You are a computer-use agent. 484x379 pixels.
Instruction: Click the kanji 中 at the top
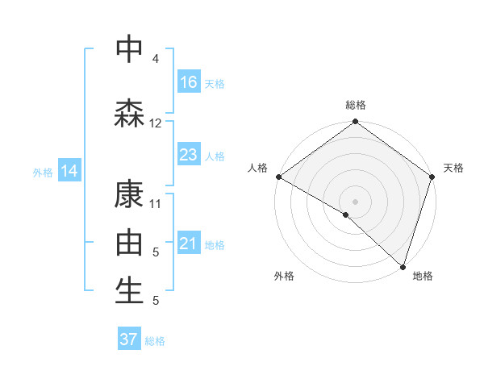pos(130,48)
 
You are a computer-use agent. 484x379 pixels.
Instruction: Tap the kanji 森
pos(130,113)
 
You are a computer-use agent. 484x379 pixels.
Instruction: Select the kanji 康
pos(130,195)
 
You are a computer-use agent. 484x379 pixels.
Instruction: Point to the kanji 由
pos(130,243)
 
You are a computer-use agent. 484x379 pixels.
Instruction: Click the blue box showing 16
pos(189,82)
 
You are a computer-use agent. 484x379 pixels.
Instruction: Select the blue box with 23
pos(189,155)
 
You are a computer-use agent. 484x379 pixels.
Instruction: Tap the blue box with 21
pos(189,244)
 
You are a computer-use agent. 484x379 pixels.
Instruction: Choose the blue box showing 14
pos(69,171)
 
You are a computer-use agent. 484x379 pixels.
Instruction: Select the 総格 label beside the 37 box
pos(155,341)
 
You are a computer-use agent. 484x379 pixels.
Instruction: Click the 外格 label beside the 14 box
pos(43,172)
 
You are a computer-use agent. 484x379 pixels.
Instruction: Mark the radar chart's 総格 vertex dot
pos(355,123)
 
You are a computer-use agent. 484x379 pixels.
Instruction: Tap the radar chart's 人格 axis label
pos(257,168)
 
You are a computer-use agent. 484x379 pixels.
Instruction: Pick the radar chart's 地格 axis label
pos(422,276)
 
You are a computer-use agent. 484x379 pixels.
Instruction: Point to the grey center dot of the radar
pos(355,201)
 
